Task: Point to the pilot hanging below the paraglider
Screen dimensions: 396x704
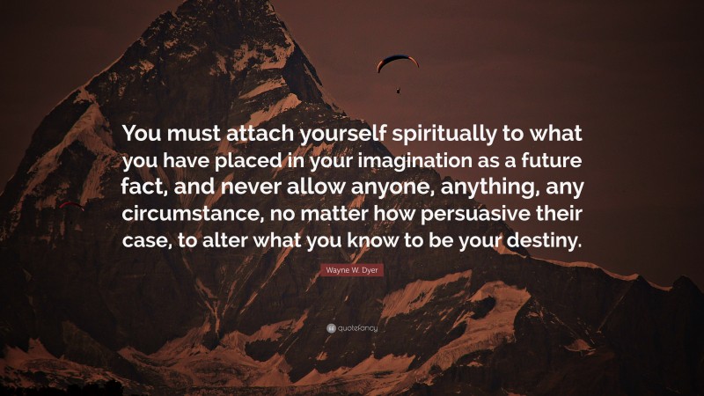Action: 399,89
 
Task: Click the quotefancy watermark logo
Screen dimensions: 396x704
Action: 352,327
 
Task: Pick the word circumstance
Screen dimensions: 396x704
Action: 187,216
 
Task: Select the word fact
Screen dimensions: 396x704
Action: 152,189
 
